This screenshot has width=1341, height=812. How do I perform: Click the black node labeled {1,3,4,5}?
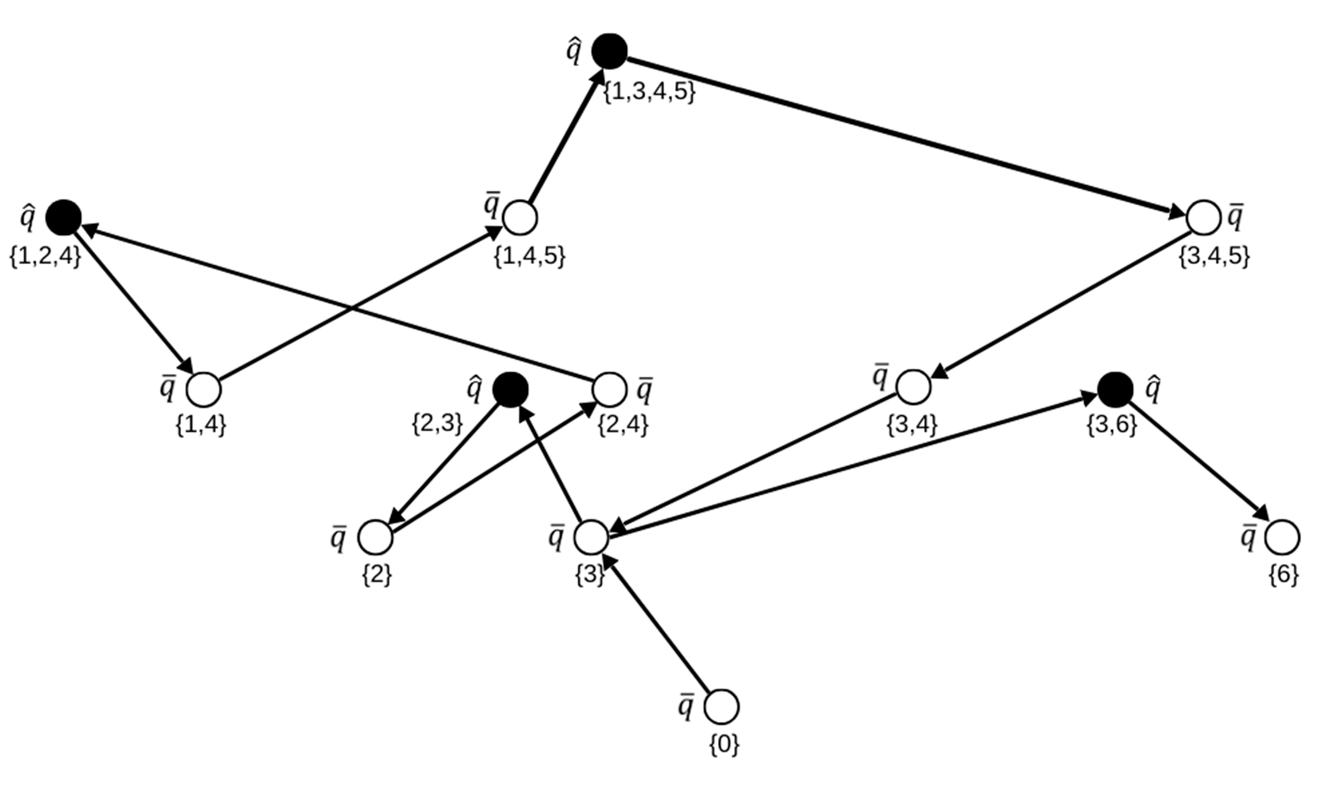click(x=609, y=51)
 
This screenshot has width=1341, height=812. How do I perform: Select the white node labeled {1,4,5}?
click(x=520, y=218)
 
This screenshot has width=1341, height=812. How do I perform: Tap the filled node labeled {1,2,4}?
click(x=64, y=217)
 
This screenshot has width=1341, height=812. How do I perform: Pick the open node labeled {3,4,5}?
click(x=1203, y=217)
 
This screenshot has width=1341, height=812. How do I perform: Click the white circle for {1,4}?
click(x=204, y=389)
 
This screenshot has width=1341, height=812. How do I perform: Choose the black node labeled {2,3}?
click(x=510, y=389)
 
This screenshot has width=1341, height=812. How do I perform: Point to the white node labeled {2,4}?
click(x=609, y=389)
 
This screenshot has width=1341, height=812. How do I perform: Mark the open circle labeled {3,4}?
click(x=913, y=387)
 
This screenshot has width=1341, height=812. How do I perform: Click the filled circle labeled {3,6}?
click(x=1115, y=389)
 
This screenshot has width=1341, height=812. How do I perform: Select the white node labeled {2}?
click(x=375, y=537)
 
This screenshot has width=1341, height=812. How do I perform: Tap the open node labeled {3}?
click(x=592, y=537)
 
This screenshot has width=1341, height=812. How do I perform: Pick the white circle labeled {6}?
click(x=1282, y=537)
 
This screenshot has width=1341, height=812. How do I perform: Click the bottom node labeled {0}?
click(x=722, y=707)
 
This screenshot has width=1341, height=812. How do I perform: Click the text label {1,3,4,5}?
click(x=650, y=92)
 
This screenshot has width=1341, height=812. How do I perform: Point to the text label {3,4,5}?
click(x=1214, y=256)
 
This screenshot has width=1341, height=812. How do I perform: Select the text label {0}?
click(x=724, y=745)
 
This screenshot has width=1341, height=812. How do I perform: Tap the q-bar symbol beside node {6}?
click(x=1249, y=537)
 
